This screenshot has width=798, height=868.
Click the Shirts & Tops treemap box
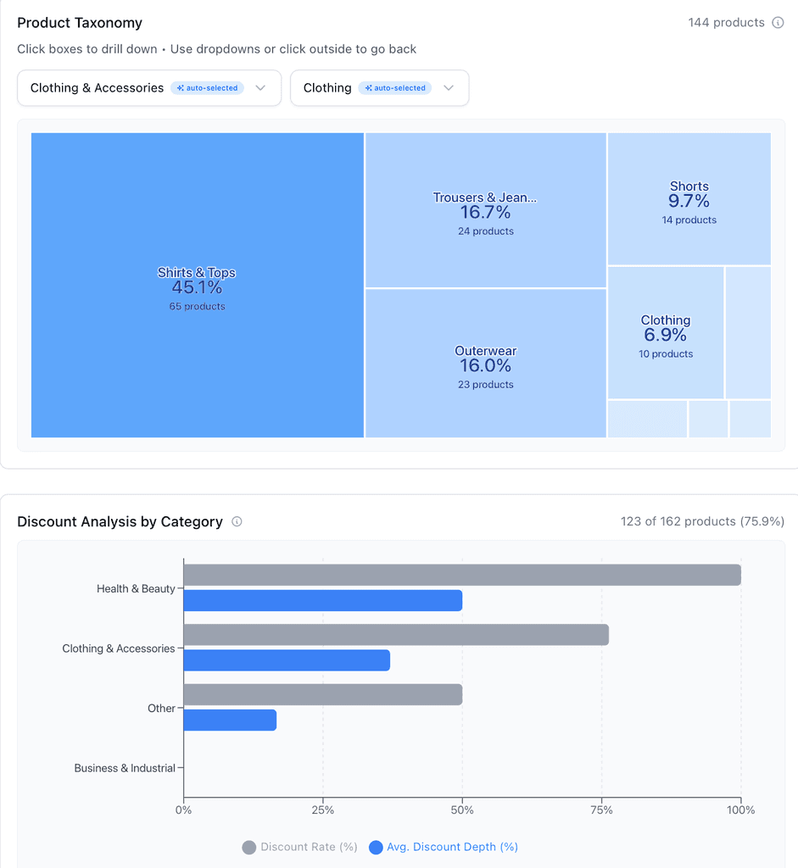click(x=197, y=286)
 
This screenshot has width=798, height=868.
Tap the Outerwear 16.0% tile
click(x=485, y=364)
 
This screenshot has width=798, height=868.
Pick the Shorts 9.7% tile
click(x=689, y=200)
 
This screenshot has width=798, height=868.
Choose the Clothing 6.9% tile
click(x=665, y=333)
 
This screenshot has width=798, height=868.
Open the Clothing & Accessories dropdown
click(x=148, y=88)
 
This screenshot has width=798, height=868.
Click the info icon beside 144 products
click(x=778, y=23)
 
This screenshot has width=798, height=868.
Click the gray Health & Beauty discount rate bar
click(x=461, y=575)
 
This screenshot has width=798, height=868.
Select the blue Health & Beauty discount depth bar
click(x=322, y=601)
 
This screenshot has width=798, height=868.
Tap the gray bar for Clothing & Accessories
click(x=395, y=635)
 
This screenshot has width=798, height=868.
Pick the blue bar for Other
click(x=230, y=721)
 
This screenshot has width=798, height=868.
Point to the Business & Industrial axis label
click(x=125, y=768)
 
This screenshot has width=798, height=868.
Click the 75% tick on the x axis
click(x=601, y=810)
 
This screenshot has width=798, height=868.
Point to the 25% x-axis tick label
click(x=322, y=810)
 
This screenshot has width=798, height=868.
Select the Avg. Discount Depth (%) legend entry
click(x=444, y=847)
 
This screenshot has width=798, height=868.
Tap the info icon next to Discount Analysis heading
click(x=237, y=522)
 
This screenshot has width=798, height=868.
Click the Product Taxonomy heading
click(x=80, y=23)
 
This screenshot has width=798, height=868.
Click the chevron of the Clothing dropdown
click(x=449, y=88)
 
